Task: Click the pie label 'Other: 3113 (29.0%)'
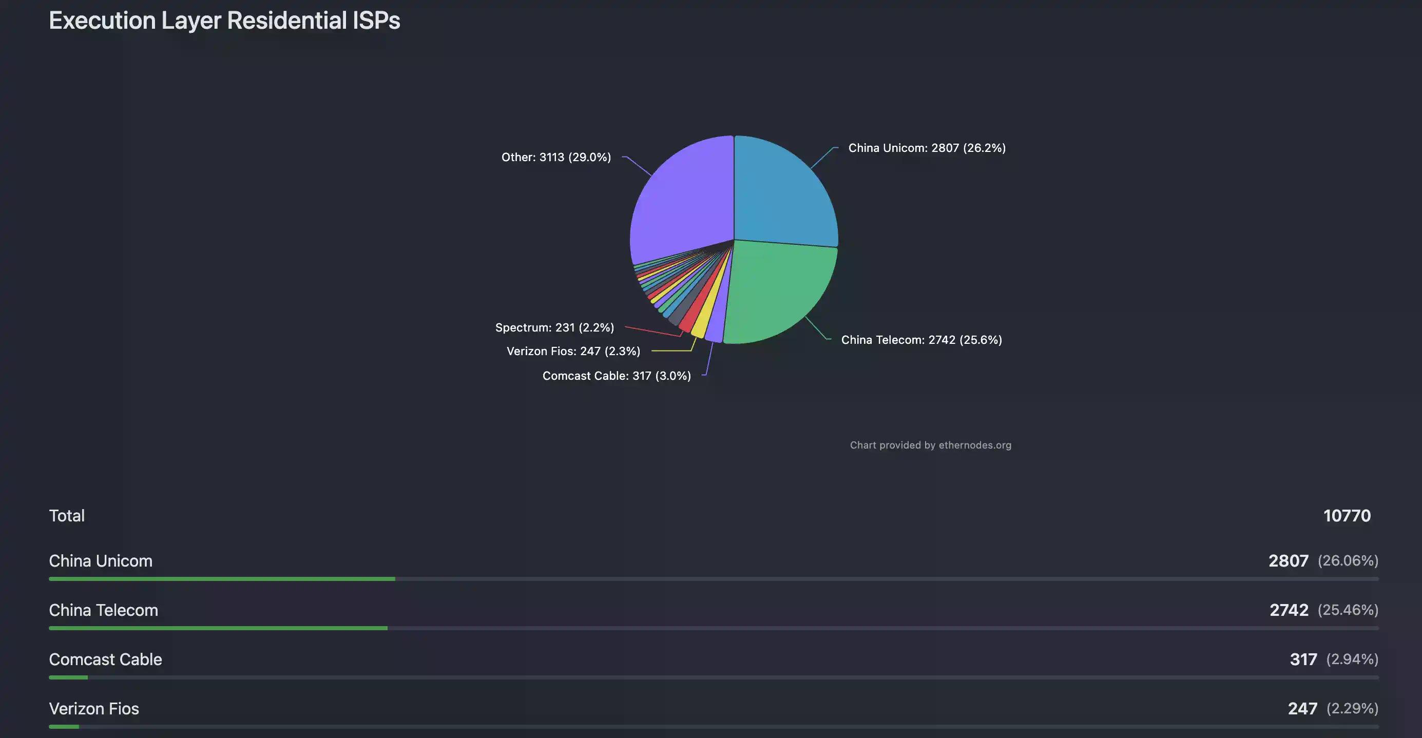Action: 556,158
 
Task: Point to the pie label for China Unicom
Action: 927,148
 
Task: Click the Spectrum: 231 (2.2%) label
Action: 554,328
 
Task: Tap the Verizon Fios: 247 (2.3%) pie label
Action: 573,352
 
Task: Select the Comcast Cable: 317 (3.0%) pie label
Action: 617,376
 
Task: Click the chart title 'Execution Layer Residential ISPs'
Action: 224,21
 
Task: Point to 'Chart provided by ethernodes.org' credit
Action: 930,445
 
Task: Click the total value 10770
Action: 1347,516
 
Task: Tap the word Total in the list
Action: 67,516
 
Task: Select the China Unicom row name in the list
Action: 101,561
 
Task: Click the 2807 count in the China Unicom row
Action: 1288,561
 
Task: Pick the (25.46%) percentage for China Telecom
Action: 1348,610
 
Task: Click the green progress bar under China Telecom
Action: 218,628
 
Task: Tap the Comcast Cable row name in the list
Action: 105,659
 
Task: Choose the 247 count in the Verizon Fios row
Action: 1302,709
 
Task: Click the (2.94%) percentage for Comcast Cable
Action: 1352,659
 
